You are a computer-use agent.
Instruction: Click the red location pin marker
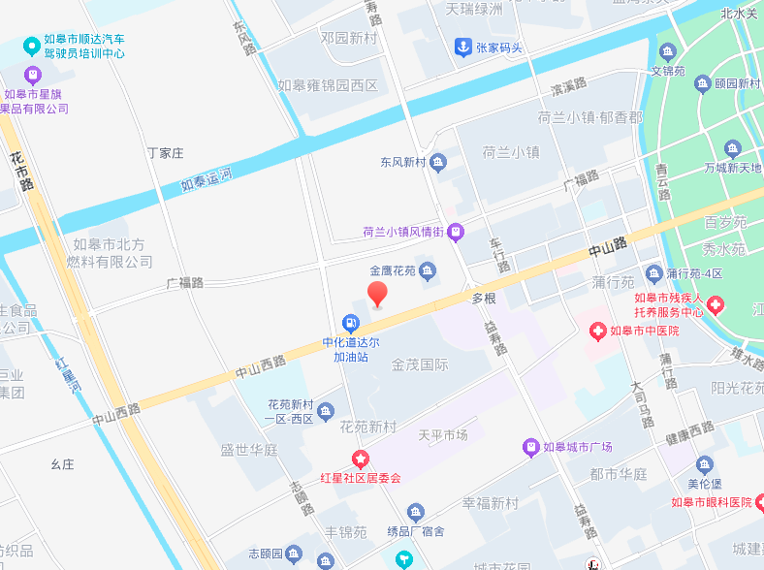coord(377,294)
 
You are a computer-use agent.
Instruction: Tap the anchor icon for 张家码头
coord(463,47)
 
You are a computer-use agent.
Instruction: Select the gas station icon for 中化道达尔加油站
coord(350,323)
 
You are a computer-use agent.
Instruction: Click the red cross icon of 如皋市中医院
coord(597,332)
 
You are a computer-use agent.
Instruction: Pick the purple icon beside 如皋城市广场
coord(530,447)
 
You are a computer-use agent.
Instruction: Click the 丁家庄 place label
coord(165,153)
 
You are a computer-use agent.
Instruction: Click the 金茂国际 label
coord(420,364)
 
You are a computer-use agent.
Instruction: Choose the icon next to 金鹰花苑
coord(428,270)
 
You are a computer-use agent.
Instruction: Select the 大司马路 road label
coord(642,401)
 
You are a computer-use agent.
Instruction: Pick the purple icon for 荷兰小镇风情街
coord(456,232)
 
